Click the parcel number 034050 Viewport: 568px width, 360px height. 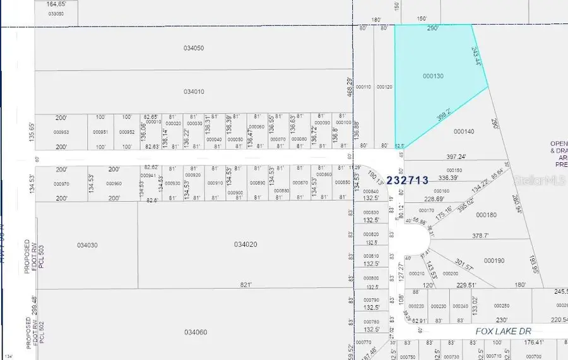pyautogui.click(x=194, y=48)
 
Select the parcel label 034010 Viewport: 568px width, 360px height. pyautogui.click(x=194, y=92)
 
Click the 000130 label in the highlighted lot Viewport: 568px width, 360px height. pyautogui.click(x=433, y=76)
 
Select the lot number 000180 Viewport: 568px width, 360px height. pyautogui.click(x=486, y=215)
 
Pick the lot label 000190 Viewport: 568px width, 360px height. pyautogui.click(x=494, y=260)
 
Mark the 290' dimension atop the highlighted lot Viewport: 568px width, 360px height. pyautogui.click(x=433, y=29)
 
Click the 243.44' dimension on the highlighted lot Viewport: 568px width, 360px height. pyautogui.click(x=477, y=57)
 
